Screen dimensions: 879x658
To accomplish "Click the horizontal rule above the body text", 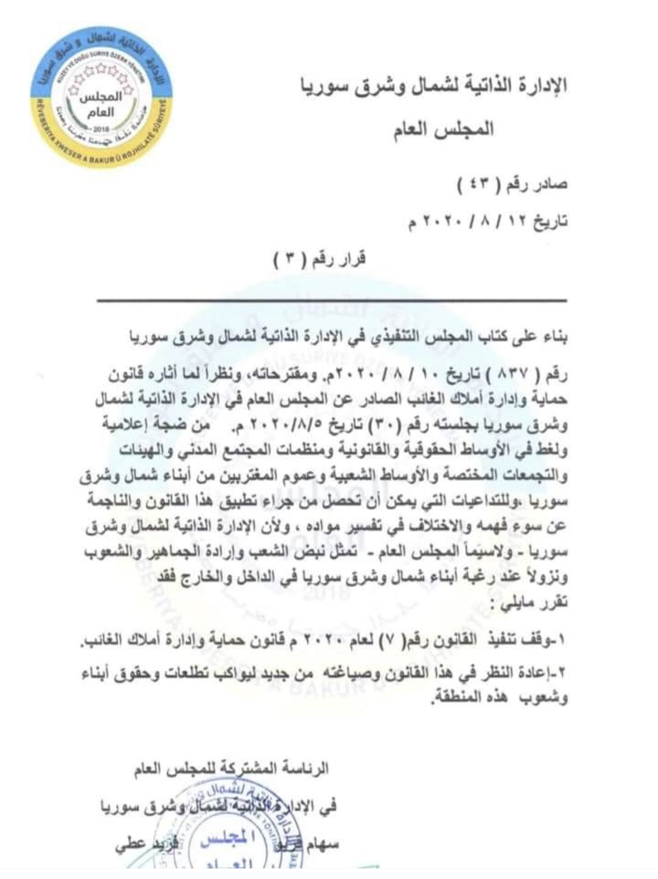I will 332,300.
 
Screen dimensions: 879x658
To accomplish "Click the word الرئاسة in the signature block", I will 305,768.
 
